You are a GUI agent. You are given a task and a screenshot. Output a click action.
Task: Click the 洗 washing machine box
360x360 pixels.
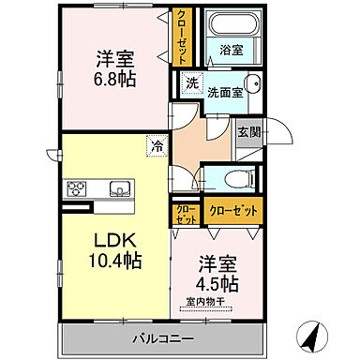pyautogui.click(x=191, y=82)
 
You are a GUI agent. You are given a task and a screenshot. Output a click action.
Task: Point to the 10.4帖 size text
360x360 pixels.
pyautogui.click(x=114, y=260)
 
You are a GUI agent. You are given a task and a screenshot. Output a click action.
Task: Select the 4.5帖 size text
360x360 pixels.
pyautogui.click(x=217, y=283)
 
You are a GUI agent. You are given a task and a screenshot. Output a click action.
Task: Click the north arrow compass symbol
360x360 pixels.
pyautogui.click(x=312, y=332)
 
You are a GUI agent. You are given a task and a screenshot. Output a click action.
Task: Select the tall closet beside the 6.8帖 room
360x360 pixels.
pyautogui.click(x=178, y=37)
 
